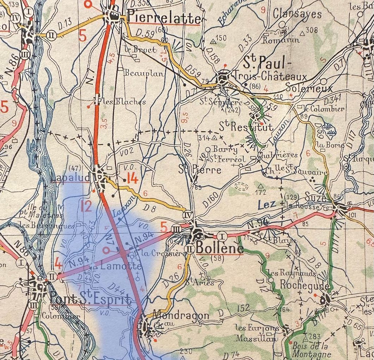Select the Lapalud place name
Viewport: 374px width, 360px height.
click(x=70, y=177)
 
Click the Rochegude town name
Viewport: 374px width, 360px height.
click(x=305, y=286)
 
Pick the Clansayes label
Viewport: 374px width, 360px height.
click(x=298, y=14)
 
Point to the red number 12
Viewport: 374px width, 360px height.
click(x=86, y=206)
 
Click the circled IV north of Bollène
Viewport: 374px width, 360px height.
click(x=188, y=215)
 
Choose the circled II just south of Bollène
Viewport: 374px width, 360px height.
click(x=190, y=249)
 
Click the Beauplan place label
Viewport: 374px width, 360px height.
click(x=144, y=73)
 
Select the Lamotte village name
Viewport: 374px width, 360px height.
click(x=115, y=267)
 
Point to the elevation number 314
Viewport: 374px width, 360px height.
click(x=203, y=138)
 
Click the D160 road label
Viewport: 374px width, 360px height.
click(x=210, y=199)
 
